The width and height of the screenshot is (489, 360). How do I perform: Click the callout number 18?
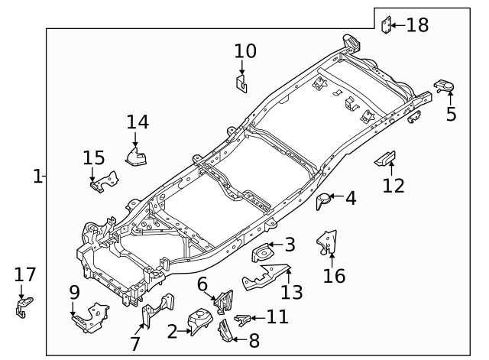click(417, 25)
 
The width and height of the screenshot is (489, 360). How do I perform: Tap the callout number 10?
click(245, 51)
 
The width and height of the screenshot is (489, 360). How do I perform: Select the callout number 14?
click(138, 122)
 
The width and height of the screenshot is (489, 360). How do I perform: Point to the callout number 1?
click(37, 176)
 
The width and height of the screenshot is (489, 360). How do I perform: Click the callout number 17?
click(25, 274)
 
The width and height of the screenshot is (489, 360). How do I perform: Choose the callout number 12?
click(393, 185)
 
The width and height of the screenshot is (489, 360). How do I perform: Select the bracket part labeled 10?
click(241, 83)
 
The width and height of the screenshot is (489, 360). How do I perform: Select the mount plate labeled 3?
click(264, 251)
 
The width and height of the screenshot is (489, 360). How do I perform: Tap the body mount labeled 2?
click(199, 321)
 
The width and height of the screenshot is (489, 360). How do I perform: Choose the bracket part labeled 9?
click(89, 316)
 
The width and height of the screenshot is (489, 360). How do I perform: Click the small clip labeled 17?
click(21, 309)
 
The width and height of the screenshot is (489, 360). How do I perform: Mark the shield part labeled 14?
click(136, 157)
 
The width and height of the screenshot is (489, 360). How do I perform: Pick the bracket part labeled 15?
click(103, 182)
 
